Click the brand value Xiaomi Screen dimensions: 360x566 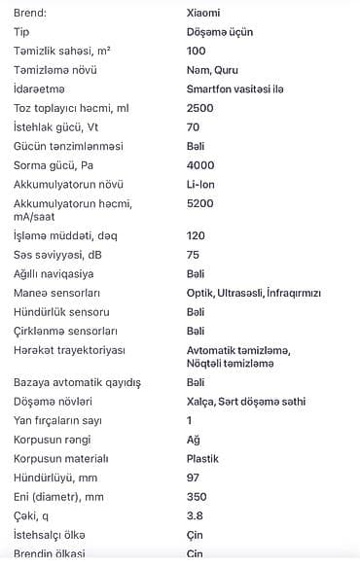point(202,13)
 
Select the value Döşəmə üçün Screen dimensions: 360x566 point(220,31)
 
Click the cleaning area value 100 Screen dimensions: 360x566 point(196,51)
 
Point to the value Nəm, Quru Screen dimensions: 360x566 point(211,70)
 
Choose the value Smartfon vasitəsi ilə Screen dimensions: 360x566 point(234,88)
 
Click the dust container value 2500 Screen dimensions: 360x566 point(199,108)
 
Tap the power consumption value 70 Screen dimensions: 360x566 point(193,126)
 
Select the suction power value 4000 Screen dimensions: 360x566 point(199,165)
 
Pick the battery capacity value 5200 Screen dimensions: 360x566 point(199,203)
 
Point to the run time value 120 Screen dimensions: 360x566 point(196,235)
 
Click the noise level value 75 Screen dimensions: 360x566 point(193,255)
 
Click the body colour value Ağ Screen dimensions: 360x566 point(193,440)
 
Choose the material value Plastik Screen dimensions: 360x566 point(201,458)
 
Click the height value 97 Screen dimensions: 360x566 point(193,478)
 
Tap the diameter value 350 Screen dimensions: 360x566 point(196,497)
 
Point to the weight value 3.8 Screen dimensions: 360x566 point(194,515)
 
